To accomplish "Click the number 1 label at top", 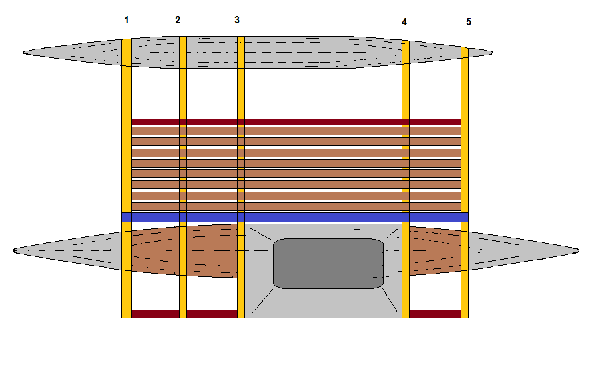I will [x=127, y=20].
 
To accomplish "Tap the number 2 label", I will [x=178, y=20].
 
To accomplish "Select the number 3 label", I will [x=237, y=20].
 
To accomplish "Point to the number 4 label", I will [x=404, y=22].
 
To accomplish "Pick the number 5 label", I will [x=469, y=22].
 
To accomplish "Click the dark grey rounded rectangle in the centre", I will [x=328, y=263].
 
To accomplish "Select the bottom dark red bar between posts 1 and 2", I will [x=155, y=314].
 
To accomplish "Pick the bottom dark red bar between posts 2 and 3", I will [x=212, y=314].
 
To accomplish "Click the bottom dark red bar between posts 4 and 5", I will [x=434, y=314].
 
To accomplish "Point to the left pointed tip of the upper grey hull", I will [x=25, y=51].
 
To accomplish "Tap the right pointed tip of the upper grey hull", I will [x=493, y=51].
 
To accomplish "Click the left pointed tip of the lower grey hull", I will [x=15, y=250].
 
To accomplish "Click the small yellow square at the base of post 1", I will [x=127, y=314].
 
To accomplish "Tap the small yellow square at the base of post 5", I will [x=465, y=314].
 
